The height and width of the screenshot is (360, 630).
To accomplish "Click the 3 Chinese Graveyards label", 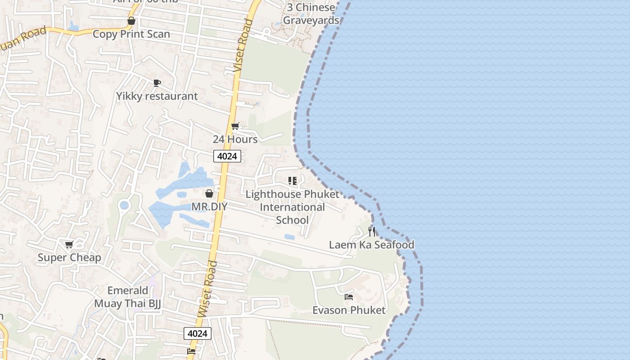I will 310,14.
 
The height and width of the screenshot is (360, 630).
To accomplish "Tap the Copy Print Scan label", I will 131,34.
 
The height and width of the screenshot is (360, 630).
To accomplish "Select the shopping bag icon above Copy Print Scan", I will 131,21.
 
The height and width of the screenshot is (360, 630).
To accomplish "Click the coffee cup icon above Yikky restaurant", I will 157,83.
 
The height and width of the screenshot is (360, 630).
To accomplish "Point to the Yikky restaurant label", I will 157,96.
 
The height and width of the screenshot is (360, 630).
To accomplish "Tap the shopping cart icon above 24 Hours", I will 235,126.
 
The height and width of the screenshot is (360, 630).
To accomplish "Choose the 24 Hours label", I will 235,139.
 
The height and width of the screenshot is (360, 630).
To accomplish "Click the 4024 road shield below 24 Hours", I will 227,156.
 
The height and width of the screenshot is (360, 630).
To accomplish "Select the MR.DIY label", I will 209,207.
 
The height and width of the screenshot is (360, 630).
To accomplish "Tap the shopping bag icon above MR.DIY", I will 209,193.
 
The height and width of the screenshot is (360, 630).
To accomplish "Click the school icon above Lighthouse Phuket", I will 292,181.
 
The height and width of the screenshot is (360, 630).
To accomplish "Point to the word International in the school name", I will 292,207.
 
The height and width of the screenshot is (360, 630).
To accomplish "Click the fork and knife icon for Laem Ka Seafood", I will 372,232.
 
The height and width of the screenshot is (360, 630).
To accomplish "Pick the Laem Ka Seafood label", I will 372,245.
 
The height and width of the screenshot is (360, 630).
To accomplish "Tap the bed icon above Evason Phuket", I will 349,297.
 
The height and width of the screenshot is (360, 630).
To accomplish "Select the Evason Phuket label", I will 349,310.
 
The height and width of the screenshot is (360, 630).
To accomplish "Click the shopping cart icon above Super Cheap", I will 69,244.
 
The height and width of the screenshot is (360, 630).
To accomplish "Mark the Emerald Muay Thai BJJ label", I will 127,297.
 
